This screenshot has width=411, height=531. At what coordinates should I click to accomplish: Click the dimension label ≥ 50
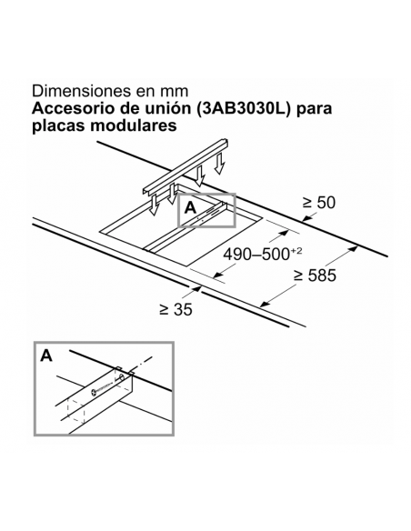click(x=318, y=203)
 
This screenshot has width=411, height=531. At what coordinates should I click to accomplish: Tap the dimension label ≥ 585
click(x=315, y=275)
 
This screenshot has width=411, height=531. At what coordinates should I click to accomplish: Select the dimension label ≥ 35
click(x=175, y=309)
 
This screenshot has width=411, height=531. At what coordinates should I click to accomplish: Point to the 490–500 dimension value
click(x=256, y=254)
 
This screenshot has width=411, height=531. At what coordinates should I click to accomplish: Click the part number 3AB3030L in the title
click(x=246, y=108)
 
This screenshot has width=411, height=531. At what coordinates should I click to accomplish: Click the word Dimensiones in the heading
click(x=81, y=91)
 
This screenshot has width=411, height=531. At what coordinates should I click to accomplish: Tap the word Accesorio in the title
click(x=72, y=108)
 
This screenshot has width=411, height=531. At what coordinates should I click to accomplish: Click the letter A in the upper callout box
click(x=190, y=207)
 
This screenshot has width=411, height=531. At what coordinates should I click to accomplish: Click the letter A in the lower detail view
click(x=46, y=356)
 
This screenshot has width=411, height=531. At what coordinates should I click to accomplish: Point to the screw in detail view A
click(x=105, y=386)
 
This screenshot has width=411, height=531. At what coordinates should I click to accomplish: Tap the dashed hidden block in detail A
click(x=76, y=411)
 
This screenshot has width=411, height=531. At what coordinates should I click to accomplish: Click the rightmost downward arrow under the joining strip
click(x=220, y=164)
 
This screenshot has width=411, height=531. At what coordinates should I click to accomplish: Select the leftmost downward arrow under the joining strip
click(x=154, y=205)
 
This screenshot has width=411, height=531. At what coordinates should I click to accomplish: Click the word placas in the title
click(x=58, y=125)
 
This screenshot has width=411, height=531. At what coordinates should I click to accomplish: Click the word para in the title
click(x=315, y=109)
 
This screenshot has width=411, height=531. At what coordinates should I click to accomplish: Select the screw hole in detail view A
click(x=121, y=377)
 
